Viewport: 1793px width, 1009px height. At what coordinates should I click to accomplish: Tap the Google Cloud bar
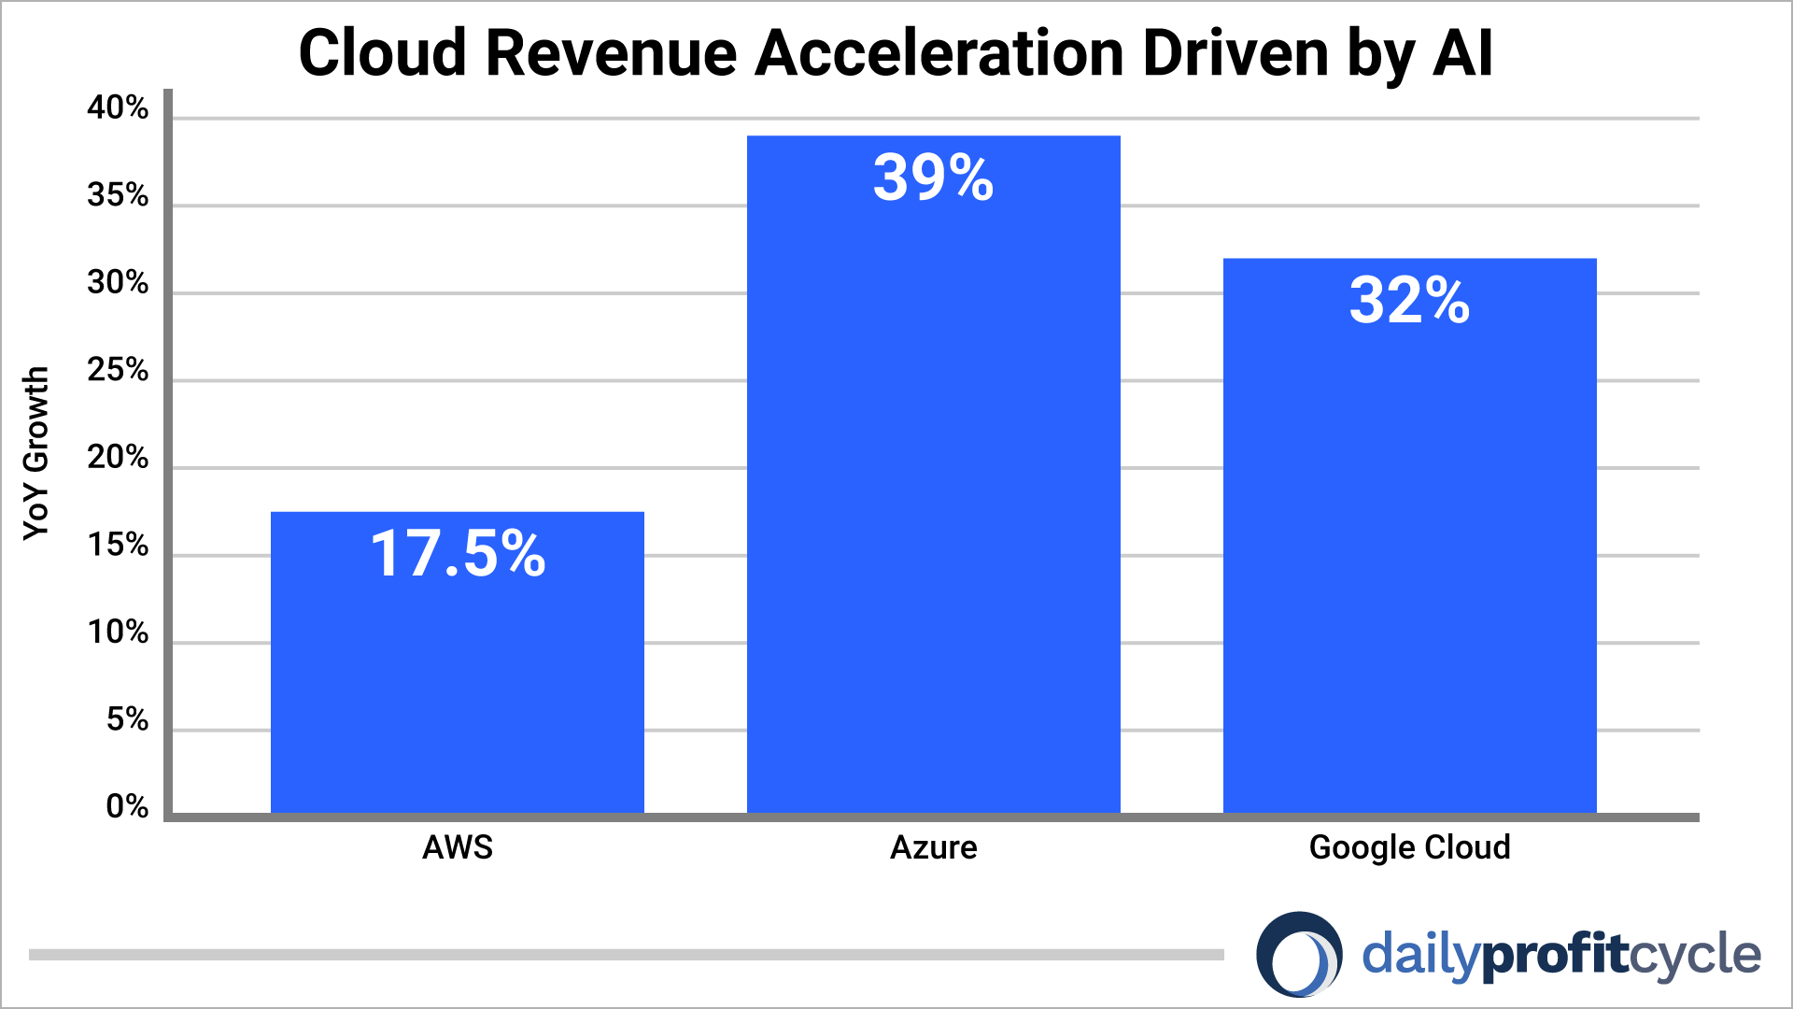coord(1410,561)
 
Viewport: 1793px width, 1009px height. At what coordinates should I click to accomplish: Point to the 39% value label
coord(933,178)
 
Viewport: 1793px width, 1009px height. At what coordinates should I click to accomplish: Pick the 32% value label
coord(1409,301)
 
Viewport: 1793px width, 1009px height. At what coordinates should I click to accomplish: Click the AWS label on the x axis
coord(458,847)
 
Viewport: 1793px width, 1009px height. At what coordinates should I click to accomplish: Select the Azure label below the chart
coord(934,847)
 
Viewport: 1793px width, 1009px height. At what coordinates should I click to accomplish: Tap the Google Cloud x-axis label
coord(1409,847)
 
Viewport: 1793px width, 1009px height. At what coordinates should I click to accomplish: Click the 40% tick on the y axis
coord(118,108)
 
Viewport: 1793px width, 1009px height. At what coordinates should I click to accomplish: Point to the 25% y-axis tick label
coord(118,371)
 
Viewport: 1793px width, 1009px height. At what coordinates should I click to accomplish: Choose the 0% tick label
coord(127,807)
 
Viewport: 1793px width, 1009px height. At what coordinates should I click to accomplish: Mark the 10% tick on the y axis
coord(118,633)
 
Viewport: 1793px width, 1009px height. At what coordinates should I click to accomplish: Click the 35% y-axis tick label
coord(118,195)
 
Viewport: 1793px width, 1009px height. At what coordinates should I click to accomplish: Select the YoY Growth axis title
coord(35,453)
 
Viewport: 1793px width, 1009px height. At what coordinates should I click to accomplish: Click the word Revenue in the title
coord(612,53)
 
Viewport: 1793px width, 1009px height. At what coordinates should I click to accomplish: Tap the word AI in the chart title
coord(1462,53)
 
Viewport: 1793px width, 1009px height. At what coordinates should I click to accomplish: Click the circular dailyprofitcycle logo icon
coord(1299,955)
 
